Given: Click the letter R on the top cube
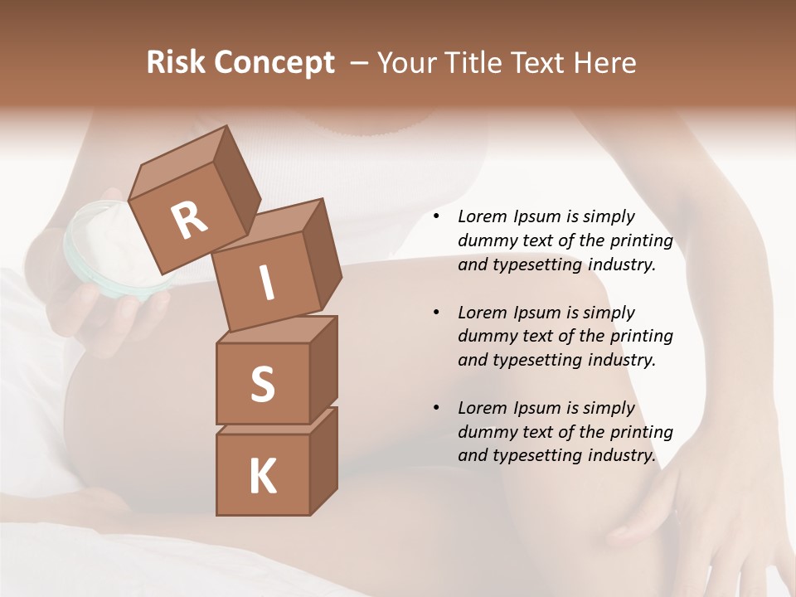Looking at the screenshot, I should (x=189, y=221).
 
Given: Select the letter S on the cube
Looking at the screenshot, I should (x=262, y=384).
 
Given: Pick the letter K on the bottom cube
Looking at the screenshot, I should (x=262, y=477).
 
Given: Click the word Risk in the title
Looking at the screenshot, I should (x=176, y=62).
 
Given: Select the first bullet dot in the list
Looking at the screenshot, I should (x=436, y=217).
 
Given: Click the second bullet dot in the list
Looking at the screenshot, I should (x=436, y=313).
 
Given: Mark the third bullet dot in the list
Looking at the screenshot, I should (x=436, y=408).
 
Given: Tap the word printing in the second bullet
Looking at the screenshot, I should (x=641, y=336).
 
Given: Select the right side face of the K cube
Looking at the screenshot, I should (x=323, y=460).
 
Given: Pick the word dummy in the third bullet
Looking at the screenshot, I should (x=485, y=432).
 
